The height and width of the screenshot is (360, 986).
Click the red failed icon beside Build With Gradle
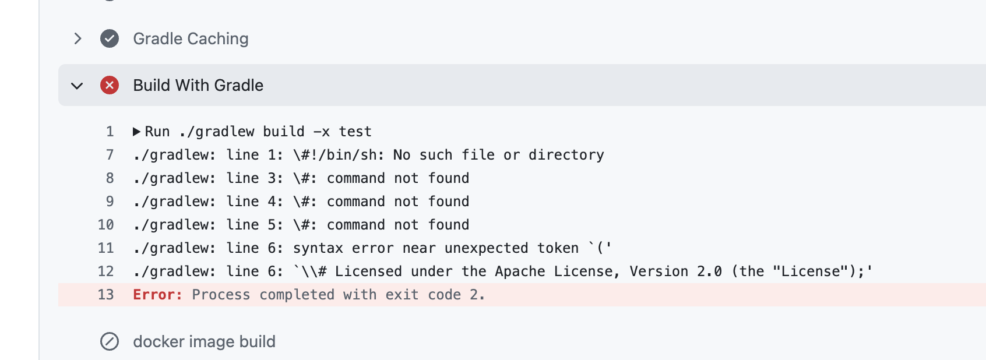pyautogui.click(x=110, y=85)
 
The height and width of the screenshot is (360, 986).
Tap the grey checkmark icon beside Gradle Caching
pyautogui.click(x=110, y=38)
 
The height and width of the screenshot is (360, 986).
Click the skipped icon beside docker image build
pyautogui.click(x=110, y=341)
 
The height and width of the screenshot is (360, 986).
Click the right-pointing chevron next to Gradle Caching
pyautogui.click(x=78, y=38)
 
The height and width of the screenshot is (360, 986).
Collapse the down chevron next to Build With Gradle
pyautogui.click(x=77, y=86)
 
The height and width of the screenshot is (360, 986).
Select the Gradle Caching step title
pyautogui.click(x=191, y=38)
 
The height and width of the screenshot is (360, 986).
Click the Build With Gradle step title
pyautogui.click(x=198, y=85)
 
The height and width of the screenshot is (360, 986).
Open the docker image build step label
pyautogui.click(x=204, y=341)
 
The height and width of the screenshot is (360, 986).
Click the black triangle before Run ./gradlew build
pyautogui.click(x=136, y=132)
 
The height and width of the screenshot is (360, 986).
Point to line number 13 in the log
pyautogui.click(x=105, y=295)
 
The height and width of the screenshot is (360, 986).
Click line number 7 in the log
pyautogui.click(x=110, y=155)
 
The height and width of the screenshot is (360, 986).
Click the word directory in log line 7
pyautogui.click(x=566, y=155)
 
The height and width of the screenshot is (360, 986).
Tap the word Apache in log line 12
pyautogui.click(x=520, y=271)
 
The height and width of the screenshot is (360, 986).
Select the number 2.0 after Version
pyautogui.click(x=709, y=271)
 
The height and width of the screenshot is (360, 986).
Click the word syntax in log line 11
pyautogui.click(x=318, y=248)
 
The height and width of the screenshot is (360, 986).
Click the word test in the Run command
pyautogui.click(x=355, y=132)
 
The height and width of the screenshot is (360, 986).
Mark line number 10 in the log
pyautogui.click(x=105, y=225)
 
